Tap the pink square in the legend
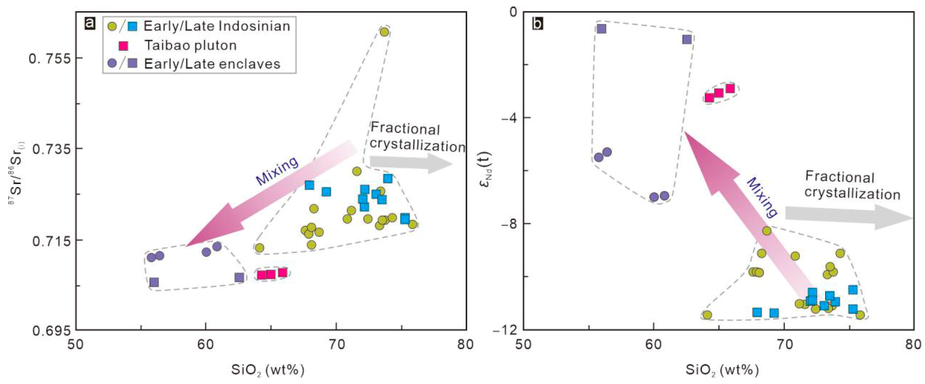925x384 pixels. pyautogui.click(x=123, y=46)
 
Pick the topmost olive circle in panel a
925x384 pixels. pyautogui.click(x=384, y=32)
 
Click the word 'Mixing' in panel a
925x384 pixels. pyautogui.click(x=277, y=171)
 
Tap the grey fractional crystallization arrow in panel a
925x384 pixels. pyautogui.click(x=412, y=163)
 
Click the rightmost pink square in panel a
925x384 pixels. pyautogui.click(x=283, y=272)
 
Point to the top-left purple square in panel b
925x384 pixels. pyautogui.click(x=601, y=29)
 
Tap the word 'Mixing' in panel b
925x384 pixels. pyautogui.click(x=762, y=198)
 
